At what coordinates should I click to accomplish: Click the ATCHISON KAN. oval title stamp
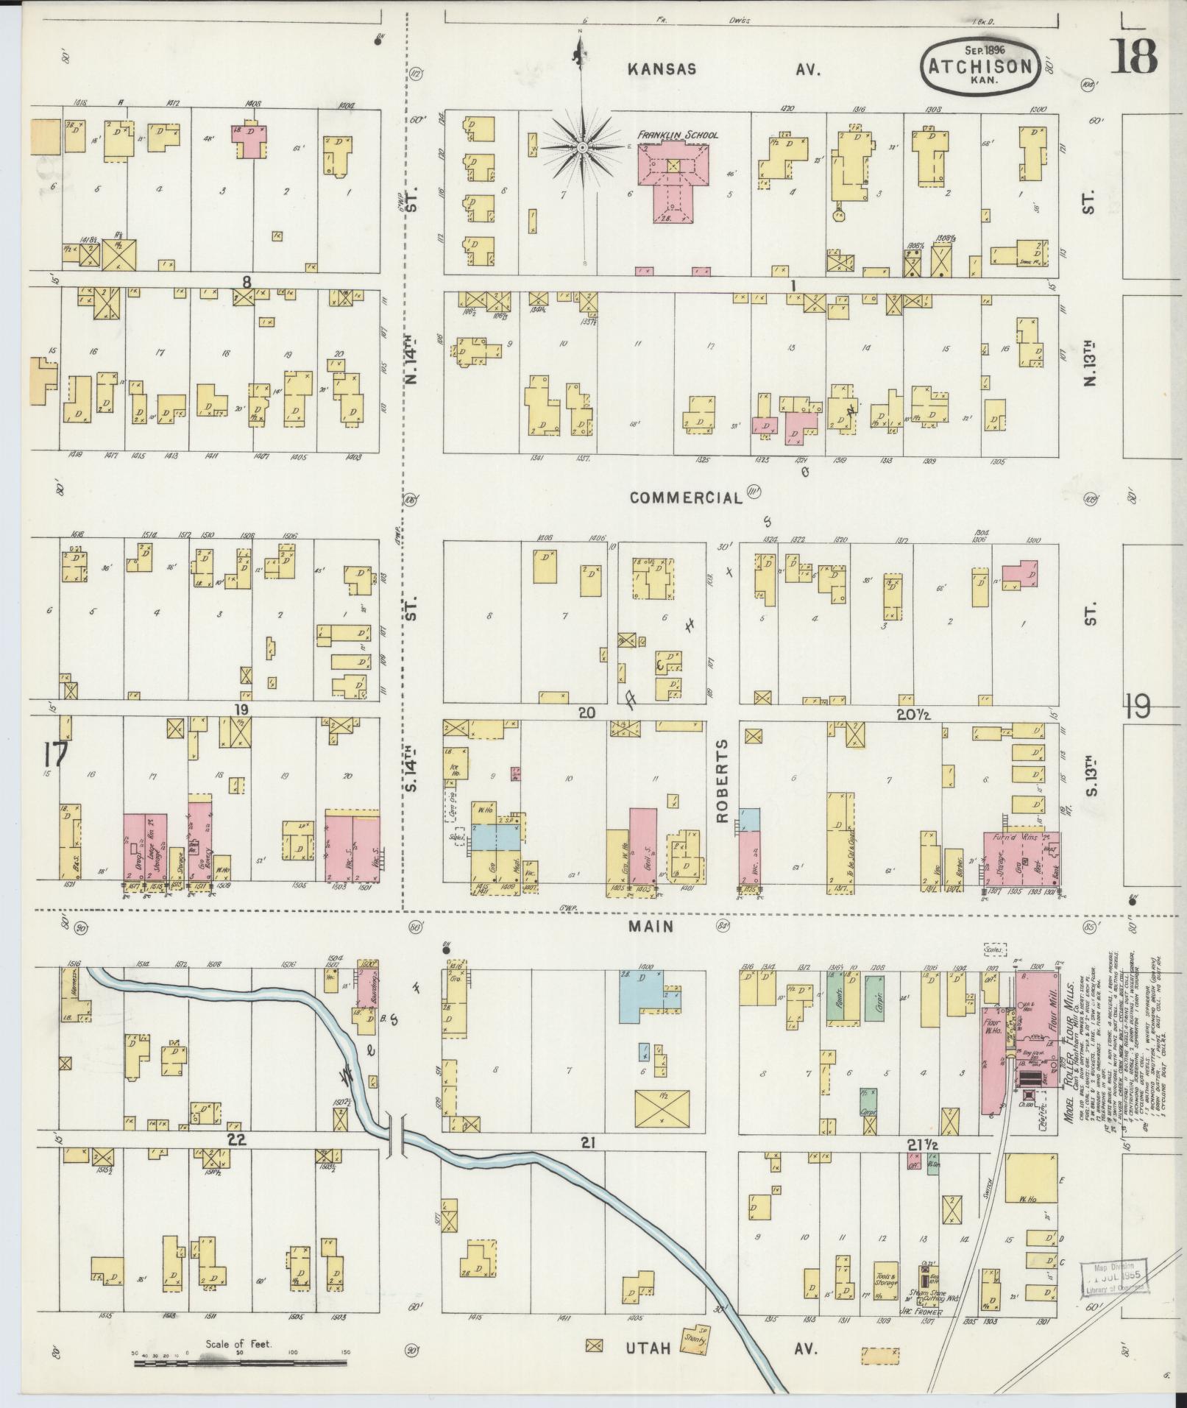[980, 65]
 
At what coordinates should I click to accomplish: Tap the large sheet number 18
[1133, 56]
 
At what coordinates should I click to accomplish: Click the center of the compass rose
[581, 148]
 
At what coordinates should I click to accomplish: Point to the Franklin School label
[677, 135]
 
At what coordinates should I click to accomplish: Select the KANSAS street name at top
[662, 69]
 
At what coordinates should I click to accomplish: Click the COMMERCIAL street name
[686, 498]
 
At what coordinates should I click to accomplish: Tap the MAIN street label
[651, 926]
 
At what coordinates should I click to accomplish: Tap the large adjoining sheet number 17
[55, 755]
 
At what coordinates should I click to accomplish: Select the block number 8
[247, 280]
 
